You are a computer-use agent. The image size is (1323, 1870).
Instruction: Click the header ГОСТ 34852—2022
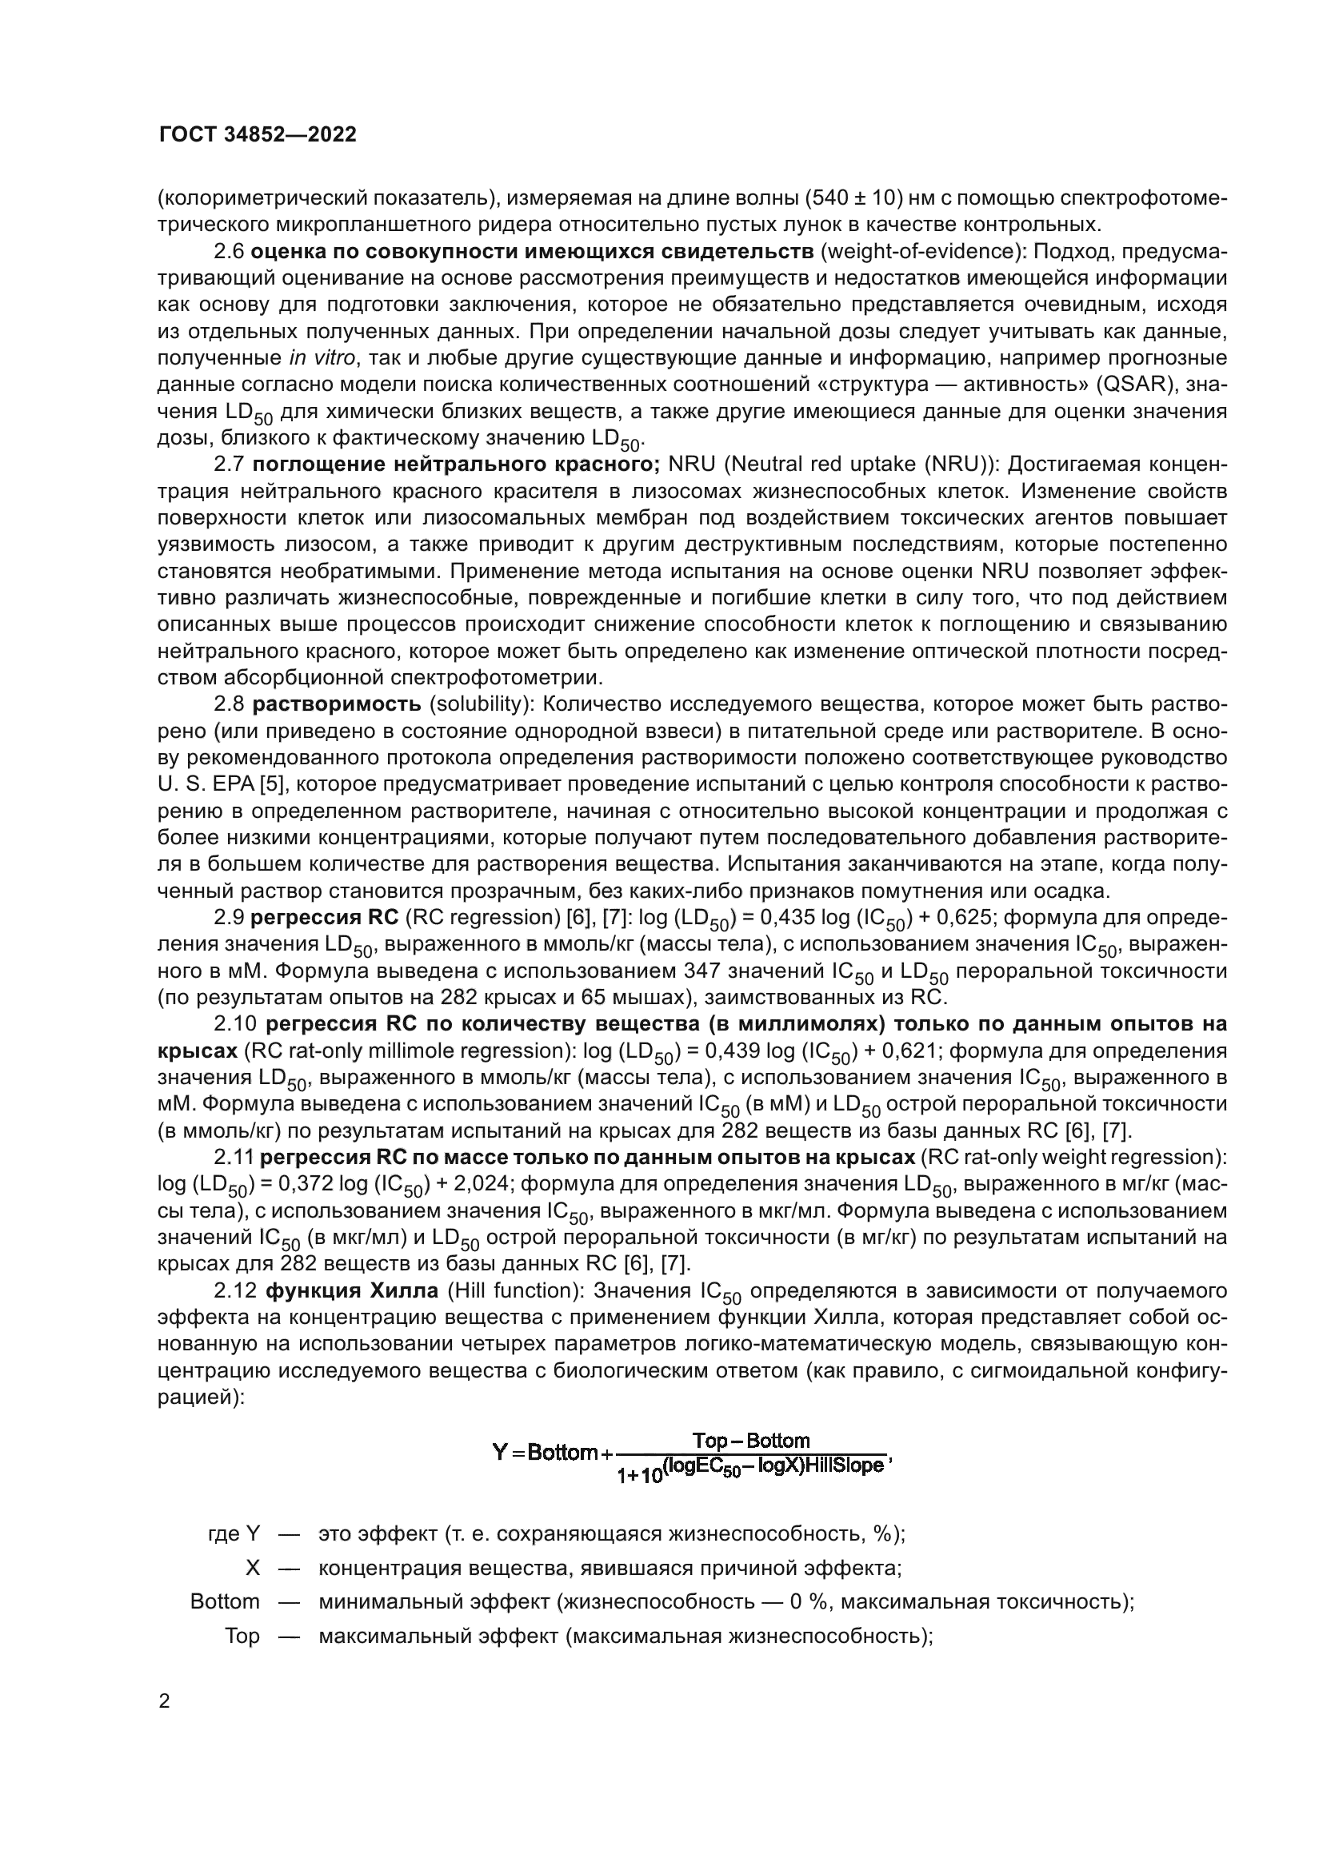click(258, 135)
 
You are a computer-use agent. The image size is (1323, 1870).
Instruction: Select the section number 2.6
click(229, 252)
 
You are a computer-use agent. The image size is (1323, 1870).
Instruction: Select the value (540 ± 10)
click(854, 198)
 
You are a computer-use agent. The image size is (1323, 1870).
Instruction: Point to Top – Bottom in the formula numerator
click(750, 1440)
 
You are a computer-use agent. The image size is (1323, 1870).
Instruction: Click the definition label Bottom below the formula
click(225, 1601)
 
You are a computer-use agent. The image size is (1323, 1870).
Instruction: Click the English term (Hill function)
click(510, 1291)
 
